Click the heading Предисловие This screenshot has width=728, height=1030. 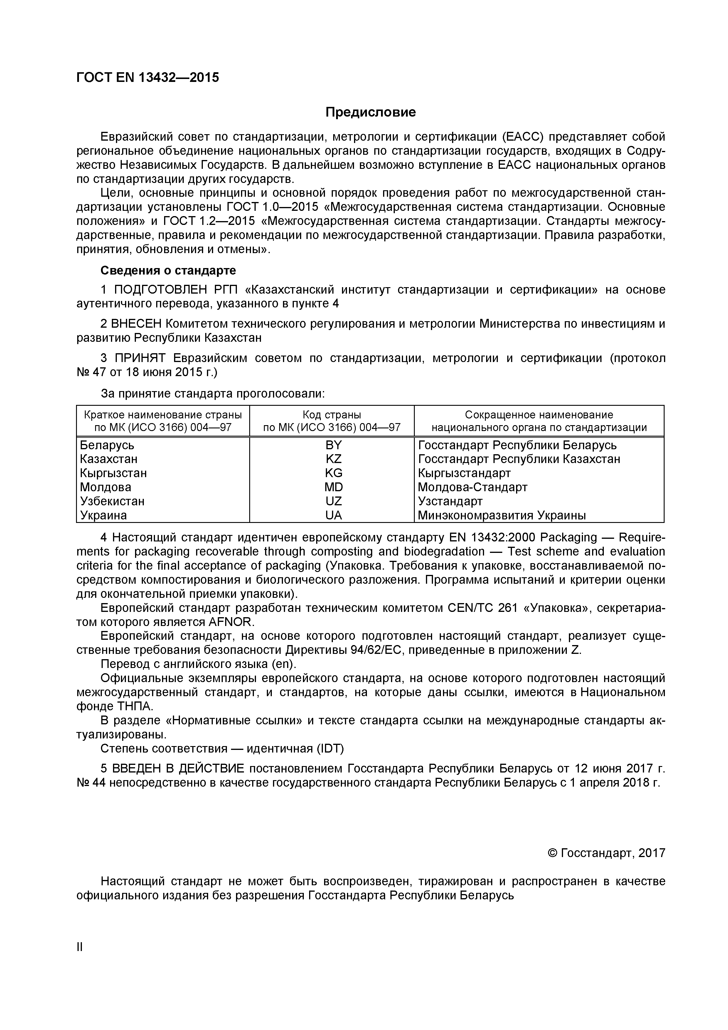pyautogui.click(x=370, y=112)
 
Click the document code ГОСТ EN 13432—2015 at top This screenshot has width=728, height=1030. pyautogui.click(x=148, y=78)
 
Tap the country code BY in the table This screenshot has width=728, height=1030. pyautogui.click(x=333, y=445)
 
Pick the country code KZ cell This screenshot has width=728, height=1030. pyautogui.click(x=333, y=459)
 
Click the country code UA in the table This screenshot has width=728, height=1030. pyautogui.click(x=333, y=516)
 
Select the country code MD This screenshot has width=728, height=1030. pyautogui.click(x=333, y=487)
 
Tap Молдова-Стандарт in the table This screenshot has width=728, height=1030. pyautogui.click(x=472, y=487)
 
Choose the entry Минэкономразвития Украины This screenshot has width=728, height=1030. pyautogui.click(x=501, y=516)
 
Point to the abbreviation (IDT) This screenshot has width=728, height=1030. pyautogui.click(x=330, y=749)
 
